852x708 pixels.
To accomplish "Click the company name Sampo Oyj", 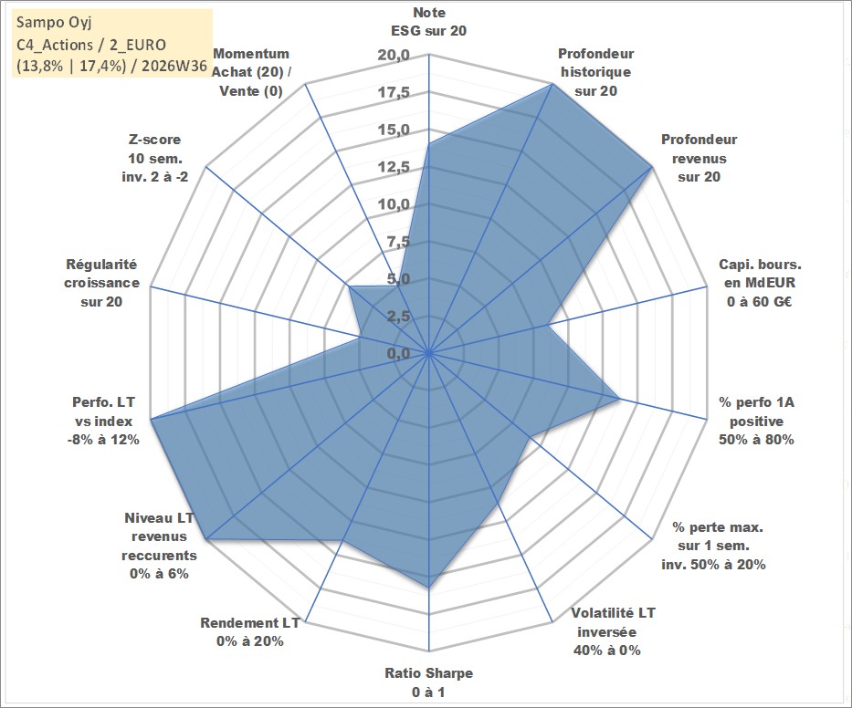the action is click(54, 23).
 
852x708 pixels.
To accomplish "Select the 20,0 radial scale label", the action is click(394, 55).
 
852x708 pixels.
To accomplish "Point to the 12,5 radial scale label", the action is click(394, 167).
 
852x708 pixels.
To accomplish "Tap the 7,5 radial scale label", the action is click(398, 242).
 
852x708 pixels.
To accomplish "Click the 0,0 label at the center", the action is click(398, 353).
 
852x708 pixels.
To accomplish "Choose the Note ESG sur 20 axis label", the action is click(428, 22).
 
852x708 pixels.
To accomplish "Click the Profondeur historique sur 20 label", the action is click(596, 72).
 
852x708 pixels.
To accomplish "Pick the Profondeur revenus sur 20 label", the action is click(699, 158).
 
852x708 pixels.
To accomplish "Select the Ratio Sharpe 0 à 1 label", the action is click(428, 682).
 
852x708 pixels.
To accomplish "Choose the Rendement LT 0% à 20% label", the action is click(250, 632).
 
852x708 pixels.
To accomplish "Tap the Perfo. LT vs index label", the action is click(103, 421).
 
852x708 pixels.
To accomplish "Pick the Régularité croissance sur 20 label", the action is click(101, 283).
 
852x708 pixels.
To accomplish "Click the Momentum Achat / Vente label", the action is click(251, 72).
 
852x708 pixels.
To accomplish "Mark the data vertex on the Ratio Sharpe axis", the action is click(428, 588).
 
